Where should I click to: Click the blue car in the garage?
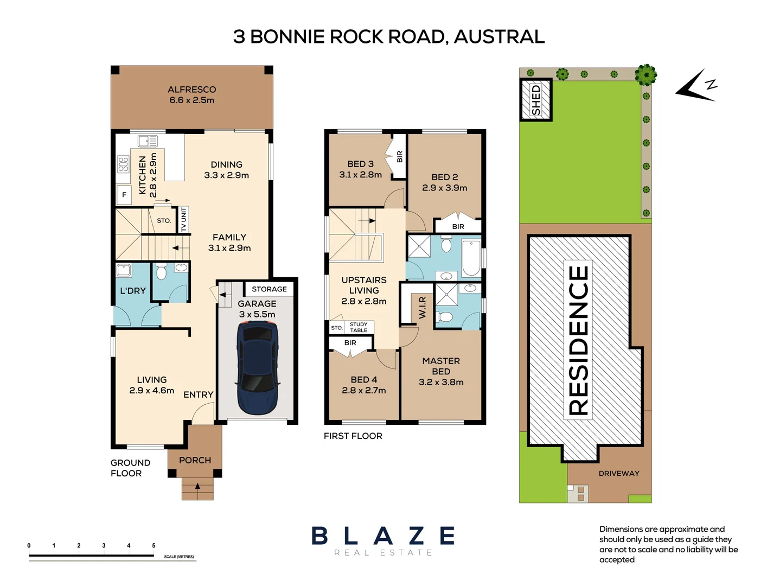click(258, 367)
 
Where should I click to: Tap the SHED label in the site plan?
click(536, 100)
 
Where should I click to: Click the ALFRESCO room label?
click(191, 90)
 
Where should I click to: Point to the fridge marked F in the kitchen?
click(124, 195)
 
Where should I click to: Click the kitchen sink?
click(148, 141)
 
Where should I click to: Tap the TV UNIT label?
click(183, 219)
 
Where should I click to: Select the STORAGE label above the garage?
click(269, 289)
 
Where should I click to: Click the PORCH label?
click(195, 460)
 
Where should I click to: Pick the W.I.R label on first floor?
click(423, 307)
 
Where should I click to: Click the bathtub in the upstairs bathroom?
click(471, 258)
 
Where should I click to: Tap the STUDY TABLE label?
click(359, 327)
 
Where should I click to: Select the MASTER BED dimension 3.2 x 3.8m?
click(441, 382)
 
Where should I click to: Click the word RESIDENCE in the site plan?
click(578, 340)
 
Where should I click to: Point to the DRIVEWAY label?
click(619, 473)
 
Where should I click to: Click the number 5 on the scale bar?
click(154, 546)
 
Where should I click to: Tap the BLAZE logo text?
click(383, 536)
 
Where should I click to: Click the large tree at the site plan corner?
click(645, 75)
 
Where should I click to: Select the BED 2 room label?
click(444, 177)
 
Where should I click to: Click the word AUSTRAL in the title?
click(499, 37)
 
